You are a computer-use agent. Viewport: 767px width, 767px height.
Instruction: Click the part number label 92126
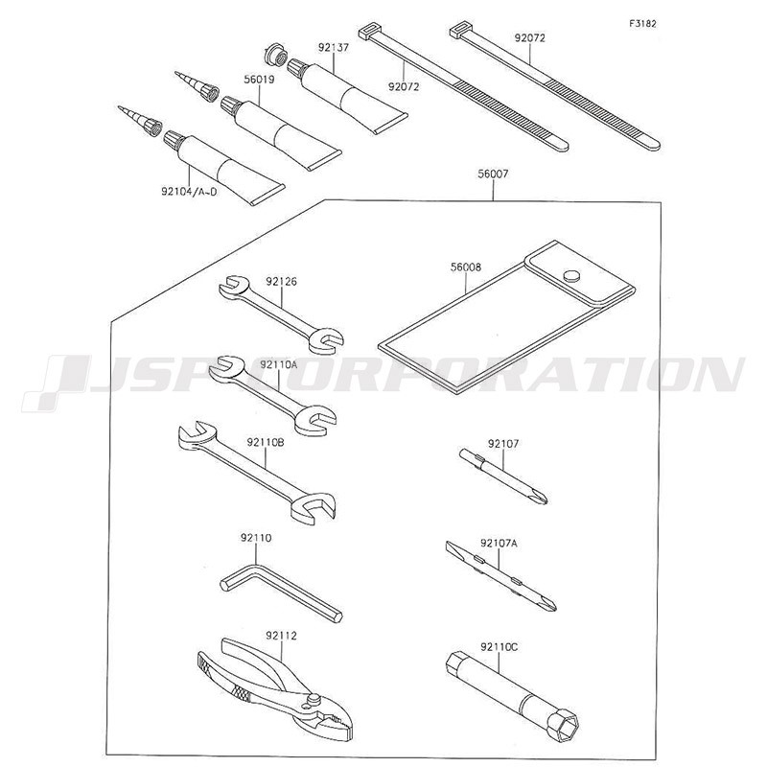(281, 282)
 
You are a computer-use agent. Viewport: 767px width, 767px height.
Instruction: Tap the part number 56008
(466, 267)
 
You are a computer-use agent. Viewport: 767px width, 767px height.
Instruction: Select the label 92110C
(499, 647)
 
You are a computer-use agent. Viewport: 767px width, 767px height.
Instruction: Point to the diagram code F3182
(642, 23)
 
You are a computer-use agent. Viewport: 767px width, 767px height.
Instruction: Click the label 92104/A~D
(189, 191)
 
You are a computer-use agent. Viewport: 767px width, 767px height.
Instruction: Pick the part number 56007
(493, 174)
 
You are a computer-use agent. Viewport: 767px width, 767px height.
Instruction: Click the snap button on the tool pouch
(569, 275)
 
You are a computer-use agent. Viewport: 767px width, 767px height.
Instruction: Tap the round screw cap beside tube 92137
(274, 56)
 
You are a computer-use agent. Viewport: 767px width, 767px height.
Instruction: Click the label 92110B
(266, 442)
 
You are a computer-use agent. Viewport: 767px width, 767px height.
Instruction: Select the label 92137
(334, 48)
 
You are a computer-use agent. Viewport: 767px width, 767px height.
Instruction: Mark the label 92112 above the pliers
(281, 636)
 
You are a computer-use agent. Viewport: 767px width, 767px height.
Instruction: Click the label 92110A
(279, 364)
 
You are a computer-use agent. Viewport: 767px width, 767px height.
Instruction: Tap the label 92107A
(499, 543)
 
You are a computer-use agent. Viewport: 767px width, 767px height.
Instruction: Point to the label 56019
(259, 80)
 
